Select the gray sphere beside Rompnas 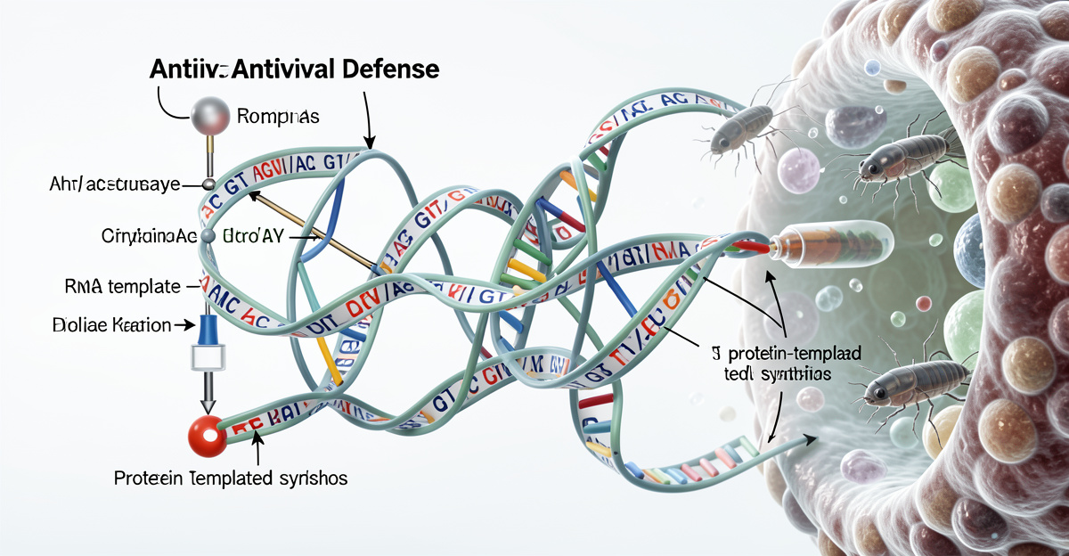coord(211,116)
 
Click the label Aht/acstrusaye coord(115,184)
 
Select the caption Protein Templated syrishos coord(231,478)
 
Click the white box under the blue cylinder coord(209,359)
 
